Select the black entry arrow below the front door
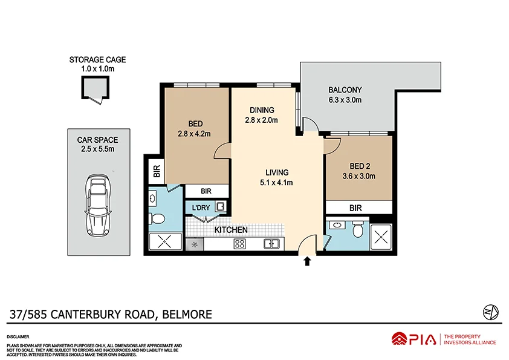[x=308, y=261]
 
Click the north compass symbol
[x=491, y=312]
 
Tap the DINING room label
[x=262, y=110]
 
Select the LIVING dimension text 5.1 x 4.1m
[x=276, y=183]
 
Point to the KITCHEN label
[x=231, y=231]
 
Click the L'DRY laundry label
[x=201, y=208]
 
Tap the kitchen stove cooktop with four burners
[x=239, y=244]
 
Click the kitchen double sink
[x=271, y=244]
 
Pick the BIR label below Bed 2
[x=355, y=208]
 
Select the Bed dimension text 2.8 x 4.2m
[x=194, y=134]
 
